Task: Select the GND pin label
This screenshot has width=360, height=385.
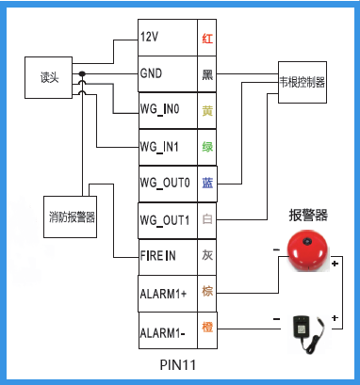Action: click(152, 74)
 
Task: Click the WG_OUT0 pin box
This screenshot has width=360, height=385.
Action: click(166, 183)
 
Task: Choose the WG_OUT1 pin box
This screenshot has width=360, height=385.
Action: click(166, 219)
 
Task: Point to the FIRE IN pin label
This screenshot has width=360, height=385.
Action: click(158, 255)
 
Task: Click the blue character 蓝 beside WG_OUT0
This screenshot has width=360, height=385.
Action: click(207, 183)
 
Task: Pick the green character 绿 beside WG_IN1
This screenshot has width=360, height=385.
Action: click(207, 147)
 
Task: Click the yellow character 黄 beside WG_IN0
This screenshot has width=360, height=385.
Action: click(207, 111)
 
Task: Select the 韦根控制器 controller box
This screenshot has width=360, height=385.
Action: click(302, 83)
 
